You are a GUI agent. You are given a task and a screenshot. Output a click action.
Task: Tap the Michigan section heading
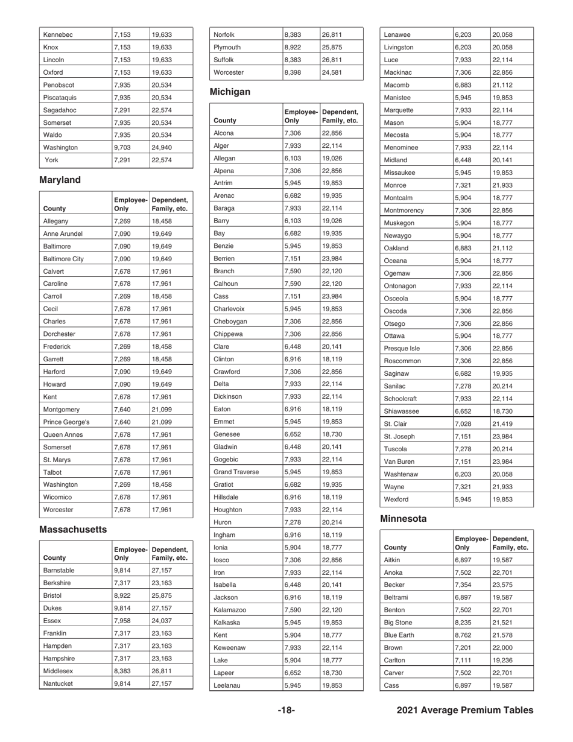point(230,93)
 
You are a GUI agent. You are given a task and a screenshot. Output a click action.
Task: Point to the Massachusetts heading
point(72,529)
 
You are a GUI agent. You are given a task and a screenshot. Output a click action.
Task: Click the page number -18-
point(286,711)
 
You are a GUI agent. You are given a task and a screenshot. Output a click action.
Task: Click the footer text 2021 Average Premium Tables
point(466,711)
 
